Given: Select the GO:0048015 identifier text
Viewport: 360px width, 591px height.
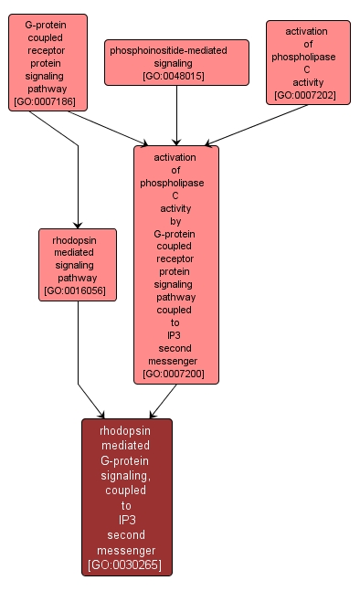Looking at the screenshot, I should [x=176, y=76].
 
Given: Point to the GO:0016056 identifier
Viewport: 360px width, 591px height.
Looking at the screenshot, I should [x=77, y=290].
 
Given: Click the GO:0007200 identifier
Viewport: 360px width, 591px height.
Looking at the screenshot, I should [x=175, y=373].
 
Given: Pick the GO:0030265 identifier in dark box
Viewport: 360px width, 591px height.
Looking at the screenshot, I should [x=126, y=565].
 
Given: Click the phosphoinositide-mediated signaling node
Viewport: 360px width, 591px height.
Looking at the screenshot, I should [x=176, y=62].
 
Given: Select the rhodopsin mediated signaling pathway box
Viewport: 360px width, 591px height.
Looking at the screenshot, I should [x=77, y=264].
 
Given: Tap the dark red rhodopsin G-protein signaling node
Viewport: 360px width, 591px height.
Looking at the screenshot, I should [x=126, y=496].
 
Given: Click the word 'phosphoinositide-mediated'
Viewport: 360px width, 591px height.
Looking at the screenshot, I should [x=176, y=49].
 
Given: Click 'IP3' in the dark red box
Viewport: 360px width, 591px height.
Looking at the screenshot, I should [x=126, y=520].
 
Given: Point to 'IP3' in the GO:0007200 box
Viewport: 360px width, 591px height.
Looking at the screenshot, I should [x=175, y=334].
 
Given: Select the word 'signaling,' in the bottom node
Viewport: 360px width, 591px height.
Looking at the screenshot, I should [x=126, y=475].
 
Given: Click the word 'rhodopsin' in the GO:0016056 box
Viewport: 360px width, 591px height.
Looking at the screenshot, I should [x=77, y=239].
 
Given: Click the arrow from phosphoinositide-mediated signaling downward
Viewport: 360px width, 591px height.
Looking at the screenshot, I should [x=176, y=114].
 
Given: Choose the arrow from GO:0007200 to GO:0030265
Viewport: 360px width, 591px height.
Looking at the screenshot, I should [x=163, y=400].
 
